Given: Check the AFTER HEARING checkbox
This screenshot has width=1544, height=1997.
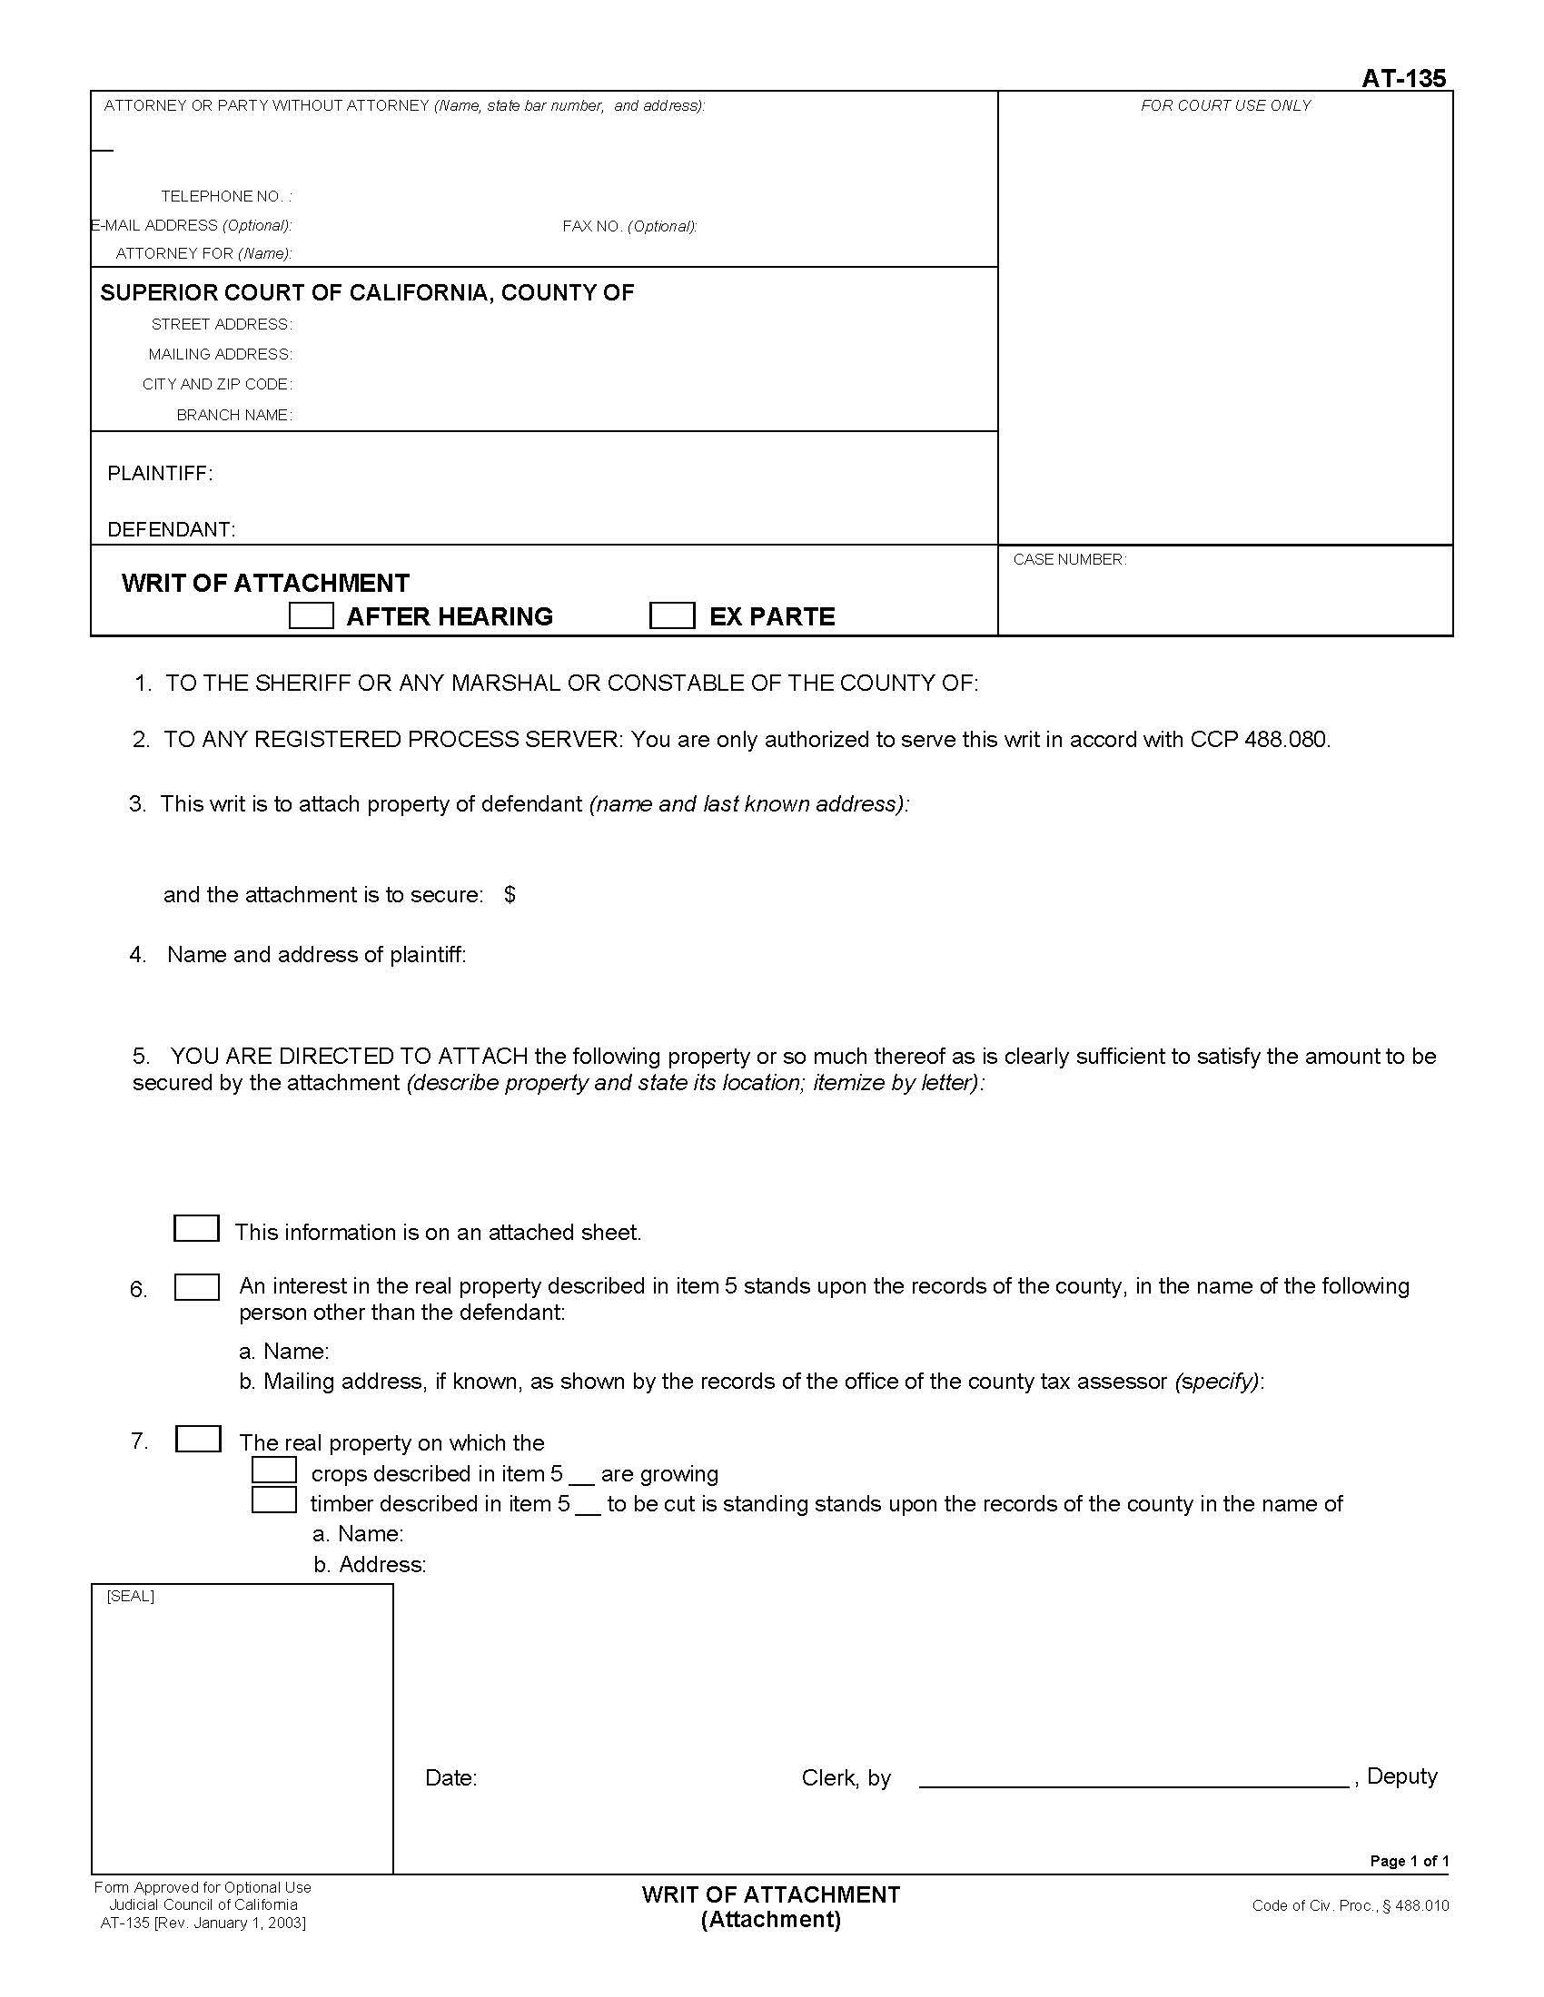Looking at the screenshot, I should click(311, 615).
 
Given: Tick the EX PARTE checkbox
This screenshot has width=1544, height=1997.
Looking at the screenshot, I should click(672, 615).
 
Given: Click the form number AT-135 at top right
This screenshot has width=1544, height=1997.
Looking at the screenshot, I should click(1403, 79).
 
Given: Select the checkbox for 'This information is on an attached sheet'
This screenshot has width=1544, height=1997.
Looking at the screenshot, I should click(197, 1228).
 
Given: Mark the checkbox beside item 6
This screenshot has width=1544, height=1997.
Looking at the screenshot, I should click(197, 1287).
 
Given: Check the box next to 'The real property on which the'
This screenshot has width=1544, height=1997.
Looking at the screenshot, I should click(198, 1440).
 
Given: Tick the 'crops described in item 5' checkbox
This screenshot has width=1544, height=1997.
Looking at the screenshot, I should click(274, 1471).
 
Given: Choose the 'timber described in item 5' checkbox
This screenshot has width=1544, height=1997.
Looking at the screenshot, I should click(274, 1500).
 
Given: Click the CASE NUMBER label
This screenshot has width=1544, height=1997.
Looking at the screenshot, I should click(1069, 559).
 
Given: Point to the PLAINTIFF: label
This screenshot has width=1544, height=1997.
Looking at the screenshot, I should click(160, 474).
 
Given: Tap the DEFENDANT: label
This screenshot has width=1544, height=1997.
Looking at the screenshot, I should click(171, 530).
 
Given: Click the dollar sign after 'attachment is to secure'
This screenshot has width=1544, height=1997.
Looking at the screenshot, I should click(510, 894).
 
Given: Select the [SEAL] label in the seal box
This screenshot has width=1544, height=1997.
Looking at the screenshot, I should click(131, 1597).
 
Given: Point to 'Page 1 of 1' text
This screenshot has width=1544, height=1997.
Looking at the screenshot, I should click(1409, 1861).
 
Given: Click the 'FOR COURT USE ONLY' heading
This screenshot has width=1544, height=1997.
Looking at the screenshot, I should click(1225, 106).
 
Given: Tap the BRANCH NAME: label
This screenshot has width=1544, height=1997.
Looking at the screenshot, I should click(234, 415).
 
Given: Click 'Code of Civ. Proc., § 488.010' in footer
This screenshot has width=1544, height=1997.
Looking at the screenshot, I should click(1350, 1905).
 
